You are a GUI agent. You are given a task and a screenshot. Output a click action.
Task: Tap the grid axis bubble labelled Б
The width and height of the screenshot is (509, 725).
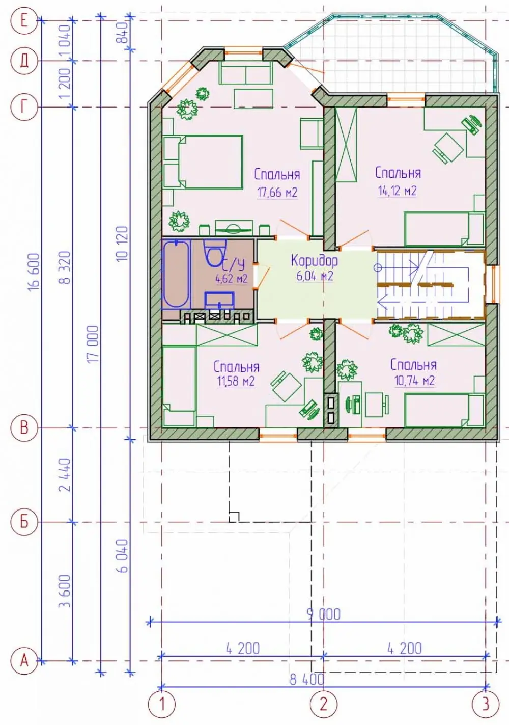tap(24, 522)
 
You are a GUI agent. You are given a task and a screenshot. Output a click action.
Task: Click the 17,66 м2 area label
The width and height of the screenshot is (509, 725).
tap(277, 193)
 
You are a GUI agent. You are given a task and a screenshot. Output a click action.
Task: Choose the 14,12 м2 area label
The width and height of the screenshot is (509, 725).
tap(398, 191)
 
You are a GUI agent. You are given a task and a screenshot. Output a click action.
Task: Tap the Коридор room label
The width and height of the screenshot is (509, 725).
tap(315, 260)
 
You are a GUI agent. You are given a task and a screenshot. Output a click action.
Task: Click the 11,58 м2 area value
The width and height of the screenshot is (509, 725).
tap(236, 381)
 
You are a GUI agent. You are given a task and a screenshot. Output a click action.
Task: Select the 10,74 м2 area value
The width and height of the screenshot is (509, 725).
tap(414, 380)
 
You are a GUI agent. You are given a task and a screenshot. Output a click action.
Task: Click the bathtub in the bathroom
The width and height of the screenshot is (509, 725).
tap(176, 274)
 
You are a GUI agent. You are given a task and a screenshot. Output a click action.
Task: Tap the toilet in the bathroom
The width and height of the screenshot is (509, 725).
tap(215, 253)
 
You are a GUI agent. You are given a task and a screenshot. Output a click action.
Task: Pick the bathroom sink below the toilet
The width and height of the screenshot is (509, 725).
tap(219, 300)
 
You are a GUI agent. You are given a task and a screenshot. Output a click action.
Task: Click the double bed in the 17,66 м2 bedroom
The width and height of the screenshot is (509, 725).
tap(203, 162)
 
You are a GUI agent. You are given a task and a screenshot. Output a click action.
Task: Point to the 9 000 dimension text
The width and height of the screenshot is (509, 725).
tap(324, 614)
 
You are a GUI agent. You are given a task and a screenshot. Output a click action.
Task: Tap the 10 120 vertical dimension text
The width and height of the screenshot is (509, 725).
tap(124, 244)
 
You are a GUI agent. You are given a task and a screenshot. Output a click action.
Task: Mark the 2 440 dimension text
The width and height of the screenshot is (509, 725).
tap(65, 475)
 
